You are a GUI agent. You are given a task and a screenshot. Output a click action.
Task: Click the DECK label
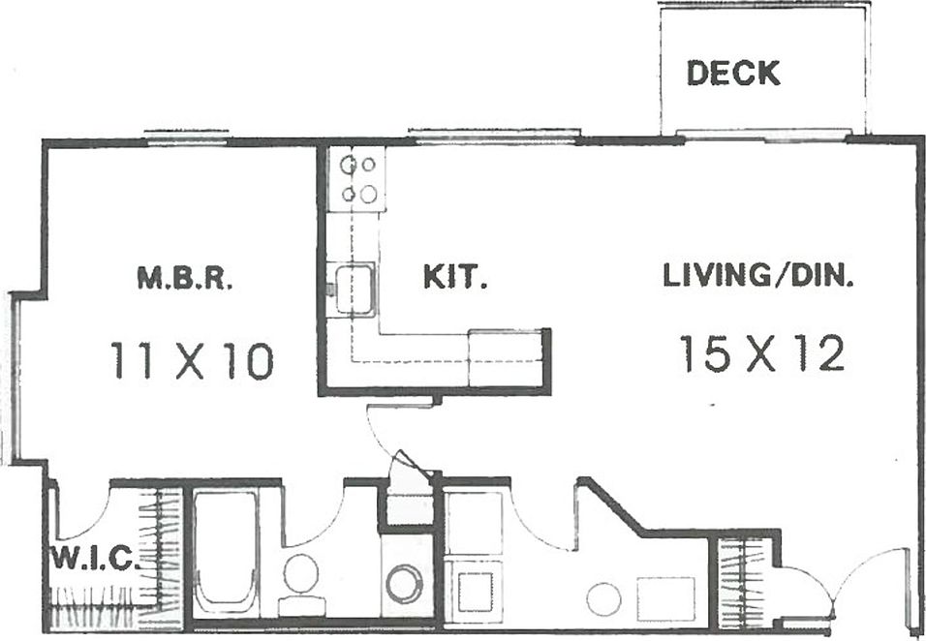[733, 74]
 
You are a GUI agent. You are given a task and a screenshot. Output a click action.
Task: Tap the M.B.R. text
[184, 279]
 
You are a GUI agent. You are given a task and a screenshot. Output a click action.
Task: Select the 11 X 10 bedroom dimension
[191, 360]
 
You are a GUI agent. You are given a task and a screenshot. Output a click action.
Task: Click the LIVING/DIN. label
[757, 276]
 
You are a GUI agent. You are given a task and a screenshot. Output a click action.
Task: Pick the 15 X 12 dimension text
[761, 353]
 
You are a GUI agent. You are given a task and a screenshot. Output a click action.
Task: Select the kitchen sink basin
[356, 288]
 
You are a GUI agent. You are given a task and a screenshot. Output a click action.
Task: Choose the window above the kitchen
[494, 135]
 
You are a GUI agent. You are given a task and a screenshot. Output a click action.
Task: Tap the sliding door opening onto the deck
[763, 136]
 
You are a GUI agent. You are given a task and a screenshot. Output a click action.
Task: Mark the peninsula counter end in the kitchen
[506, 358]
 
